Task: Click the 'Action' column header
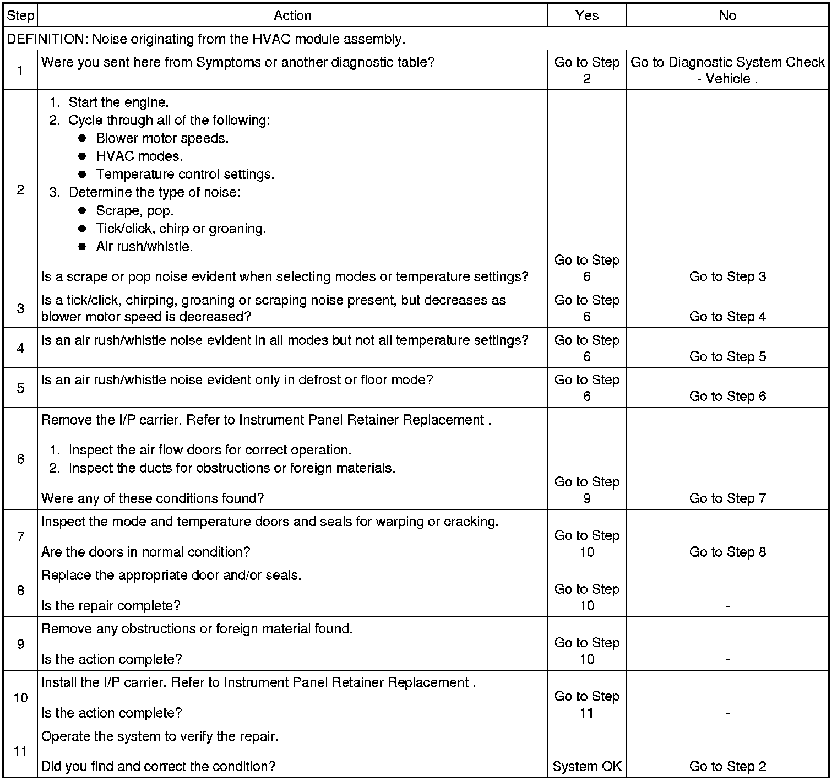[x=292, y=15]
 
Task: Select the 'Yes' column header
[x=586, y=15]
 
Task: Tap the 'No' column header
[x=727, y=15]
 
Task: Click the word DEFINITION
[x=46, y=39]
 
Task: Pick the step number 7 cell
[x=20, y=536]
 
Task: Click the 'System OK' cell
[x=586, y=766]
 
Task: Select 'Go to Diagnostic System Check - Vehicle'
[x=727, y=70]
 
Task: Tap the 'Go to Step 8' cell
[x=727, y=552]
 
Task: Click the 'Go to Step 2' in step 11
[x=727, y=766]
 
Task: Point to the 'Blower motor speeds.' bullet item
[x=162, y=138]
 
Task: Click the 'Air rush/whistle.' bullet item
[x=144, y=246]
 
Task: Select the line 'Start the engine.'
[x=118, y=102]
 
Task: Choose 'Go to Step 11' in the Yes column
[x=586, y=704]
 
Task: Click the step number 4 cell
[x=20, y=348]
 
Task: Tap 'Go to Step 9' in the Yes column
[x=586, y=490]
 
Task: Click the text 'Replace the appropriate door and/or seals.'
[x=171, y=576]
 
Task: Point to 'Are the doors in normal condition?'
[x=146, y=552]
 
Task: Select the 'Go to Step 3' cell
[x=727, y=276]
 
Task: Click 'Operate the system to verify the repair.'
[x=160, y=736]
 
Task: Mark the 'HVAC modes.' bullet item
[x=139, y=156]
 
